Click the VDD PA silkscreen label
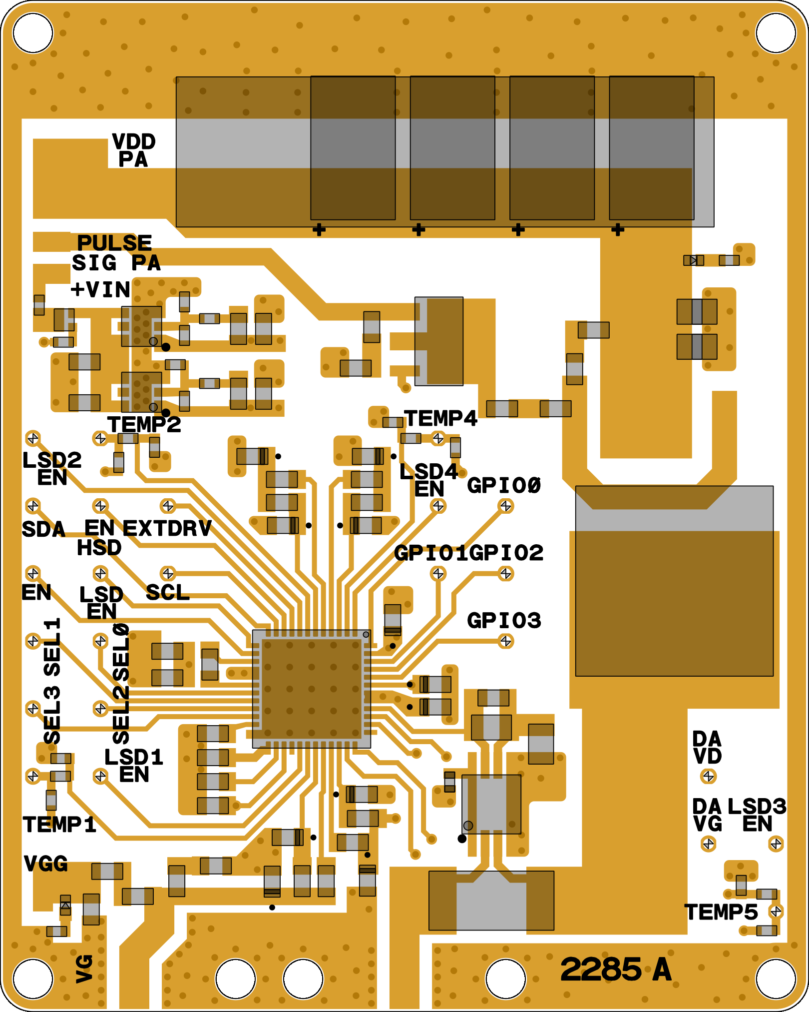pyautogui.click(x=133, y=150)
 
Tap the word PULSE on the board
pyautogui.click(x=114, y=243)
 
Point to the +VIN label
pyautogui.click(x=100, y=290)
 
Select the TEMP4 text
pyautogui.click(x=440, y=419)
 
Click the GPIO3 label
pyautogui.click(x=504, y=621)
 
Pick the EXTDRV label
pyautogui.click(x=167, y=529)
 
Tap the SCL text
pyautogui.click(x=168, y=593)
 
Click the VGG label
pyautogui.click(x=46, y=864)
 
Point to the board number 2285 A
pyautogui.click(x=616, y=970)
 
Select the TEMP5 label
pyautogui.click(x=721, y=912)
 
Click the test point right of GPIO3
pyautogui.click(x=506, y=641)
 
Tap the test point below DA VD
pyautogui.click(x=708, y=776)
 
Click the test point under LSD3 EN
pyautogui.click(x=776, y=844)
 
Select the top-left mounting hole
pyautogui.click(x=33, y=33)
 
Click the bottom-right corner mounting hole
pyautogui.click(x=776, y=979)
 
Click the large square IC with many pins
pyautogui.click(x=312, y=689)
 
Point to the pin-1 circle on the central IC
pyautogui.click(x=366, y=635)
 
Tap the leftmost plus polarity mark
pyautogui.click(x=319, y=230)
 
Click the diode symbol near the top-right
pyautogui.click(x=693, y=260)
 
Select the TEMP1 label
pyautogui.click(x=59, y=825)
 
